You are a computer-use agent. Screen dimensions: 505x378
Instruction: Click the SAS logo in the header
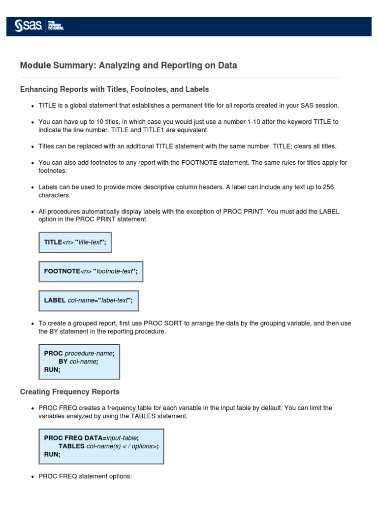click(29, 26)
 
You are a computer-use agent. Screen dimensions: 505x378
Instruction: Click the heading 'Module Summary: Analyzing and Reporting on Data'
click(128, 66)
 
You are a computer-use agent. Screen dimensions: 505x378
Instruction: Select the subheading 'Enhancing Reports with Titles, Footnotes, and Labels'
click(114, 89)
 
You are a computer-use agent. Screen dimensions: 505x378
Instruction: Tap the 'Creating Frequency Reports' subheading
click(69, 392)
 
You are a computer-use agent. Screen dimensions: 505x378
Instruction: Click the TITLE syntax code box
click(75, 242)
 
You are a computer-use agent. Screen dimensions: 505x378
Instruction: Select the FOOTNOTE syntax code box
click(91, 271)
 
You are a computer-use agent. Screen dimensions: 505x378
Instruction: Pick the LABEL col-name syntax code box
click(88, 300)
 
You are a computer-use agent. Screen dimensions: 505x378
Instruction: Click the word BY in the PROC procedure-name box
click(63, 361)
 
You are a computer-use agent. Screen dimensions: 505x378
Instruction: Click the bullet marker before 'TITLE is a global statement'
click(32, 106)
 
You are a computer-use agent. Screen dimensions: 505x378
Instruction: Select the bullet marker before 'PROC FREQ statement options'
click(32, 477)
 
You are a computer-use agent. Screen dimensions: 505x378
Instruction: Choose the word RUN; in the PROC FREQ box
click(52, 455)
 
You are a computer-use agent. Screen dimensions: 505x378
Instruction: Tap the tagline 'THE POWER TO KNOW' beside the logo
click(55, 26)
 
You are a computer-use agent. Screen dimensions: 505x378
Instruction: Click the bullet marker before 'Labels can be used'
click(32, 187)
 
